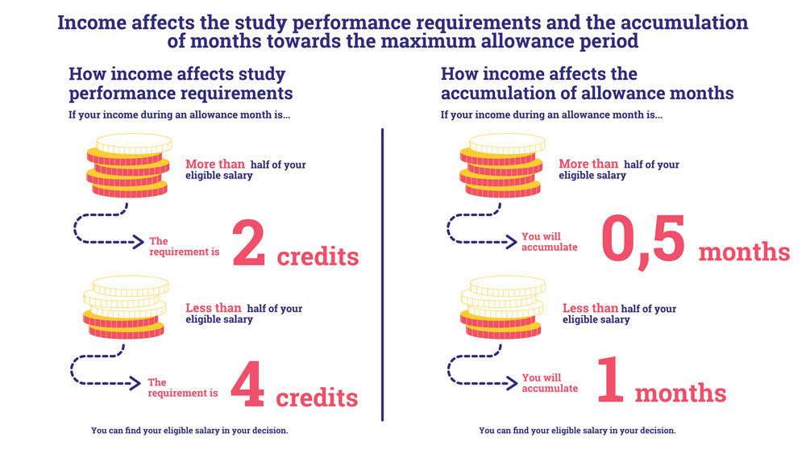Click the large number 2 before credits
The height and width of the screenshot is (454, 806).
pos(249,243)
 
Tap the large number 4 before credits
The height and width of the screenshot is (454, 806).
pos(247,384)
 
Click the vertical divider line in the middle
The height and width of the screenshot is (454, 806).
pos(382,274)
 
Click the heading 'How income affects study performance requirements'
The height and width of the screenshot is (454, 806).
pos(181,83)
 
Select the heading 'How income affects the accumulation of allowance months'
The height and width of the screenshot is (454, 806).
pos(587,83)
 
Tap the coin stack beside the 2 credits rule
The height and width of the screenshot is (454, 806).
pos(128,165)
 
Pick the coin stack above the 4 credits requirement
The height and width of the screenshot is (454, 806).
pos(126,307)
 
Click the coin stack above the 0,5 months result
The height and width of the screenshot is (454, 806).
pos(501,165)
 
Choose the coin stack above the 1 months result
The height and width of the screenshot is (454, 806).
pos(503,307)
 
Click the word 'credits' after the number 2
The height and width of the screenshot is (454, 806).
pos(318,256)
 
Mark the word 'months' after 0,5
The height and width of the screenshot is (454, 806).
pos(744,252)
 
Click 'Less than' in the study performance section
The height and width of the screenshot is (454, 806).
pos(214,308)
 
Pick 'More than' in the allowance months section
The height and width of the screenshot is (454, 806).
pos(588,164)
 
